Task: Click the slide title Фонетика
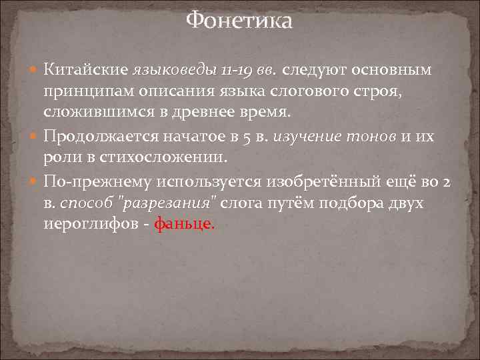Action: tap(239, 21)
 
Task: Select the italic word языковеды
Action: tap(175, 70)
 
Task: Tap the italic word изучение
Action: tap(313, 137)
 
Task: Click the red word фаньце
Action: tap(185, 225)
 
